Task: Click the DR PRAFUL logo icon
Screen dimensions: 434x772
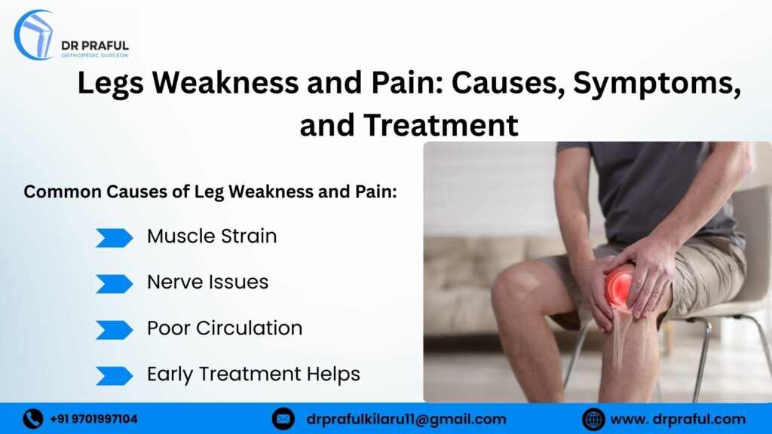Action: click(x=34, y=35)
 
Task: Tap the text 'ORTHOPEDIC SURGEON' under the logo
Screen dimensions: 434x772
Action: click(x=94, y=56)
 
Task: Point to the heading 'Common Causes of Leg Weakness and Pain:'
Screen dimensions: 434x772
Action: click(x=210, y=191)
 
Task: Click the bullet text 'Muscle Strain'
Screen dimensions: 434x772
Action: click(x=212, y=237)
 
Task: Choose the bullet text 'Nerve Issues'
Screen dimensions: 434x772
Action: click(x=207, y=283)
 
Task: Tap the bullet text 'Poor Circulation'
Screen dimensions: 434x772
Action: click(x=225, y=329)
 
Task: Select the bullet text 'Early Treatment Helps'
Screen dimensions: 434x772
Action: click(x=253, y=374)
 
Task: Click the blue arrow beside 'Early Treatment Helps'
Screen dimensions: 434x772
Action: click(x=114, y=375)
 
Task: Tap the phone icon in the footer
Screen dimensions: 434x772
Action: click(x=32, y=419)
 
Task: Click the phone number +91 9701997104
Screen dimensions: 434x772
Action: click(x=93, y=419)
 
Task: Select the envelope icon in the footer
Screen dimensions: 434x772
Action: click(x=283, y=419)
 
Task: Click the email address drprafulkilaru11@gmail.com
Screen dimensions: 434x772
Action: click(x=406, y=419)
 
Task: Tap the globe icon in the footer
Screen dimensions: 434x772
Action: click(x=593, y=419)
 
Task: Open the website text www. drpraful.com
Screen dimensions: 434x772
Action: click(x=677, y=419)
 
